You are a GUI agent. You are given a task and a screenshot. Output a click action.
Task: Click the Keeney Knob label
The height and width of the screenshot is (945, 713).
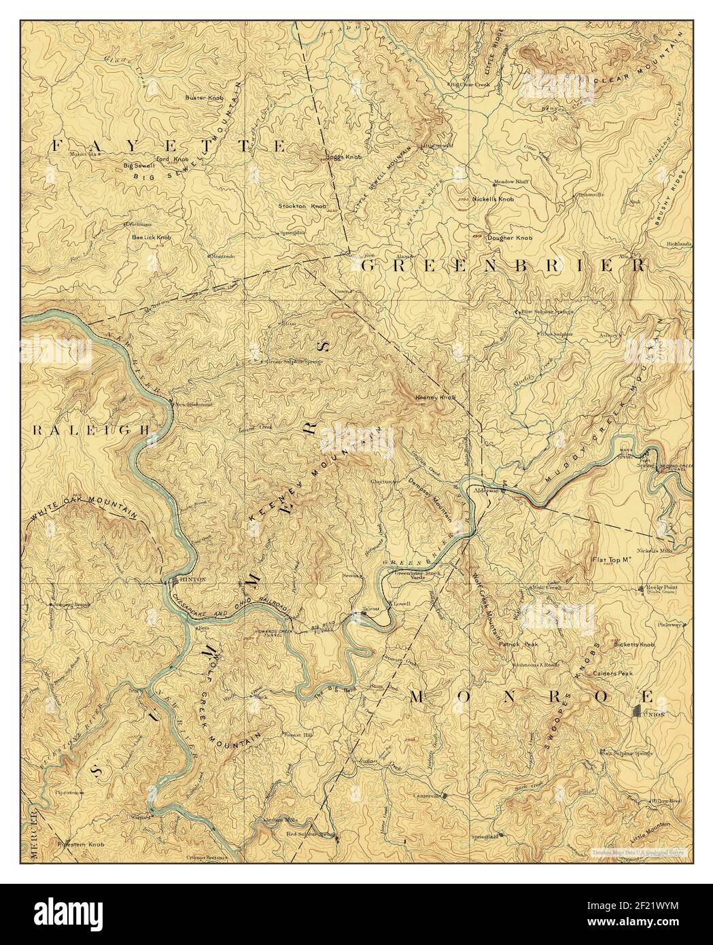pyautogui.click(x=434, y=397)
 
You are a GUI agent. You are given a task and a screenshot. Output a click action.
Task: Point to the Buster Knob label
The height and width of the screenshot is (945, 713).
pyautogui.click(x=205, y=98)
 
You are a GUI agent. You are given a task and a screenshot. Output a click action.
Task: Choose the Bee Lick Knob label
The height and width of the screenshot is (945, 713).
pyautogui.click(x=152, y=238)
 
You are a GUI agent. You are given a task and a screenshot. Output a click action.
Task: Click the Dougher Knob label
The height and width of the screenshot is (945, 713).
pyautogui.click(x=515, y=239)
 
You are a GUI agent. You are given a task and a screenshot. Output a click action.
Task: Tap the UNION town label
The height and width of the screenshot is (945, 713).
pyautogui.click(x=656, y=714)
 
